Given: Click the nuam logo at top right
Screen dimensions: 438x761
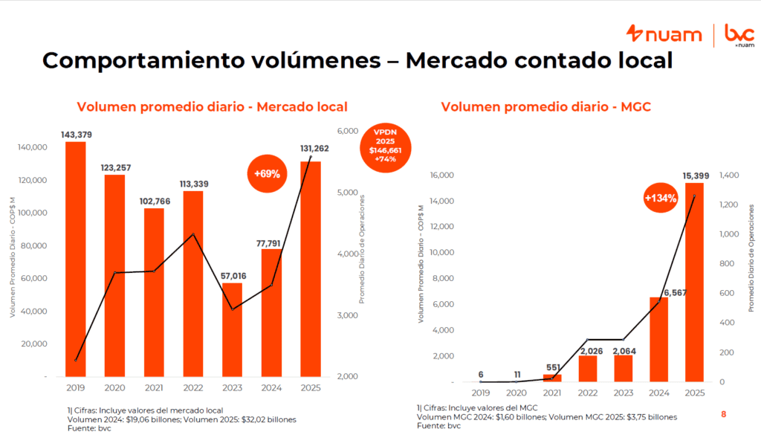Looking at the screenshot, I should (x=664, y=33).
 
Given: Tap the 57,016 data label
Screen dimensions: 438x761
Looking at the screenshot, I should (x=232, y=276).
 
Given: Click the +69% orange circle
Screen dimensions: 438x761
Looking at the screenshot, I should (x=268, y=174).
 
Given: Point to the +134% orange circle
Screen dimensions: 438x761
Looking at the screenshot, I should (x=661, y=199).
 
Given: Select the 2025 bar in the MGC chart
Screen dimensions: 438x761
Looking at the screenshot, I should (x=694, y=283).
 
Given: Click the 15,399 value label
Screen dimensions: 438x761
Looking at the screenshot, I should (x=695, y=175).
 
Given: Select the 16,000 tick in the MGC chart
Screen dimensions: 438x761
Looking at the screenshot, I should (x=441, y=175).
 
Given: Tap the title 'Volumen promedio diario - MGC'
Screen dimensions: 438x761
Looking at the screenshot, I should (x=545, y=107).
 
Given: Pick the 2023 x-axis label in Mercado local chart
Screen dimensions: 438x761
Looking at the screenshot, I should (x=232, y=387).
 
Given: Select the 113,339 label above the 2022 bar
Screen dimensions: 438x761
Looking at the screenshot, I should (x=192, y=184).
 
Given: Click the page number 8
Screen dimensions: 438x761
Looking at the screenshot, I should (x=723, y=414).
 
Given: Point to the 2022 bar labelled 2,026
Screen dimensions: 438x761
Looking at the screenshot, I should (x=587, y=368).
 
